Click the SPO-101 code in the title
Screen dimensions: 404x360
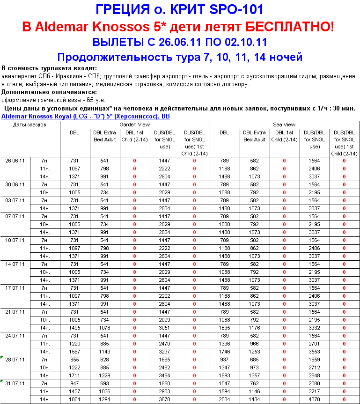click(x=233, y=9)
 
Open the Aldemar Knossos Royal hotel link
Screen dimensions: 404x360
click(x=86, y=116)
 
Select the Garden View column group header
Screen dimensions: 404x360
click(x=135, y=125)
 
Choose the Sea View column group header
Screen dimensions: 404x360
click(x=284, y=125)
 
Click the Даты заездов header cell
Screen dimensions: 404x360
click(x=30, y=125)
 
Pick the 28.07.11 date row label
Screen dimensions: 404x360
click(x=15, y=359)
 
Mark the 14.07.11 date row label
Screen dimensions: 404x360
click(x=15, y=264)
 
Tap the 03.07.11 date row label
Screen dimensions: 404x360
click(x=15, y=200)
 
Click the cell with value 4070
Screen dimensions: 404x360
click(x=315, y=399)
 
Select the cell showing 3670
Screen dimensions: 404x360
click(x=164, y=399)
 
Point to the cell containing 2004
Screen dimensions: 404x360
click(x=225, y=399)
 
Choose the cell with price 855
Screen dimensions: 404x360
click(x=74, y=359)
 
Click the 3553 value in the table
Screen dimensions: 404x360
click(x=315, y=352)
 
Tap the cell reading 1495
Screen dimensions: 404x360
click(x=74, y=328)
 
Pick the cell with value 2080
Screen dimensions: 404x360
click(x=315, y=383)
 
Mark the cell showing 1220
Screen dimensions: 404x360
click(x=74, y=344)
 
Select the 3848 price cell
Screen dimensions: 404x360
click(x=315, y=375)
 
